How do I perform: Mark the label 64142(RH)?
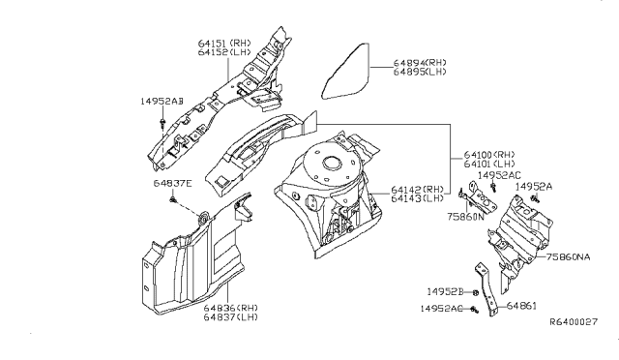(418, 190)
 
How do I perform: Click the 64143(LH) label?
(418, 199)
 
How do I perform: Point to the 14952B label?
(444, 290)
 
